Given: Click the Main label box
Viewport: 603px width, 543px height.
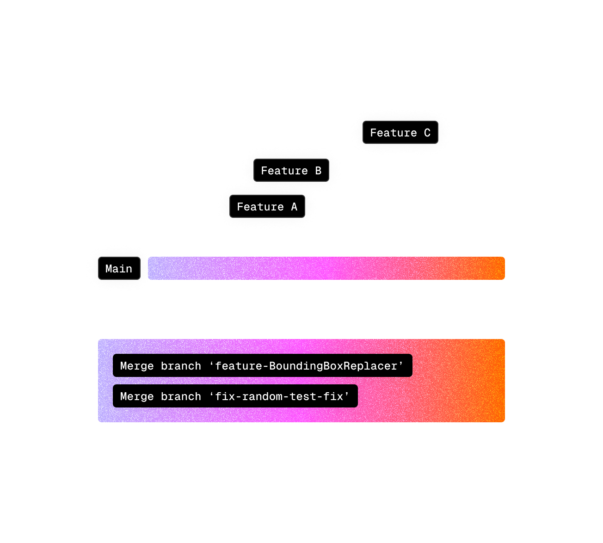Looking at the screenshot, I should coord(119,269).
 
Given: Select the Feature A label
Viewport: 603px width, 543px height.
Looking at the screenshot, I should coord(267,207).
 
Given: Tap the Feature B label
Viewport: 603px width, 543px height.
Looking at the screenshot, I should coord(291,171).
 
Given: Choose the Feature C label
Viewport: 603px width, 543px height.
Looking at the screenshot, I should coord(400,133).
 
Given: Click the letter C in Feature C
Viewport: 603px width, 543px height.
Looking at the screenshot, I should coord(427,133).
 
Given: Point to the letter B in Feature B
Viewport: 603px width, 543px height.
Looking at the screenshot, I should coord(318,171).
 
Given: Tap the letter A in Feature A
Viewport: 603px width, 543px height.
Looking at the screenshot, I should coord(294,207).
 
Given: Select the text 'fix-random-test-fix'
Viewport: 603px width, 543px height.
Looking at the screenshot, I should coord(279,396).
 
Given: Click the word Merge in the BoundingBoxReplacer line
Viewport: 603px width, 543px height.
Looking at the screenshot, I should coord(137,366).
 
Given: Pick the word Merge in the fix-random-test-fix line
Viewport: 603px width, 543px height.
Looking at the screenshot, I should coord(137,396).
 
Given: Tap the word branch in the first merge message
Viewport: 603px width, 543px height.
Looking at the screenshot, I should coord(181,366).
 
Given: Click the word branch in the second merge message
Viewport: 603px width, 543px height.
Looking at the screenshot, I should coord(181,396).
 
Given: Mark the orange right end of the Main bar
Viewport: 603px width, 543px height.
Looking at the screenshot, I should coord(495,268).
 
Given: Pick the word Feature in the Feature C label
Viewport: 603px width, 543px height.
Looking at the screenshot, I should coord(394,133).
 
